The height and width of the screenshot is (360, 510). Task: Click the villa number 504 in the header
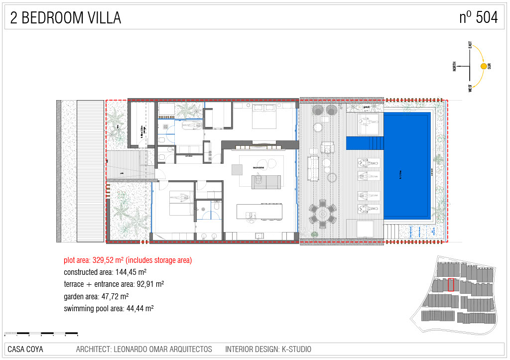[486, 17]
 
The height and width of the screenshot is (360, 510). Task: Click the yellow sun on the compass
[483, 66]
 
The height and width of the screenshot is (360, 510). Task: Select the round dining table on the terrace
[323, 215]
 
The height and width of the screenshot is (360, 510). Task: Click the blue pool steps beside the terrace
[365, 142]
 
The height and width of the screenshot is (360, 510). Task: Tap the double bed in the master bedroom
[264, 118]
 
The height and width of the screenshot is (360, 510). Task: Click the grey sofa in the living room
[266, 182]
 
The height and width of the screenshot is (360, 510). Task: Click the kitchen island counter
[259, 211]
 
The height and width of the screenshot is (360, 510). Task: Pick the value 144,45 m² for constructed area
[129, 272]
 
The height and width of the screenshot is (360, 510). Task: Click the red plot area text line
[127, 260]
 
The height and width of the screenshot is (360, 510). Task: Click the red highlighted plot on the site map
[451, 285]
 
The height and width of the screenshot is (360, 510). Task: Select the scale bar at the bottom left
[41, 333]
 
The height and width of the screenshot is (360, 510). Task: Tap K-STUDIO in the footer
[296, 350]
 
